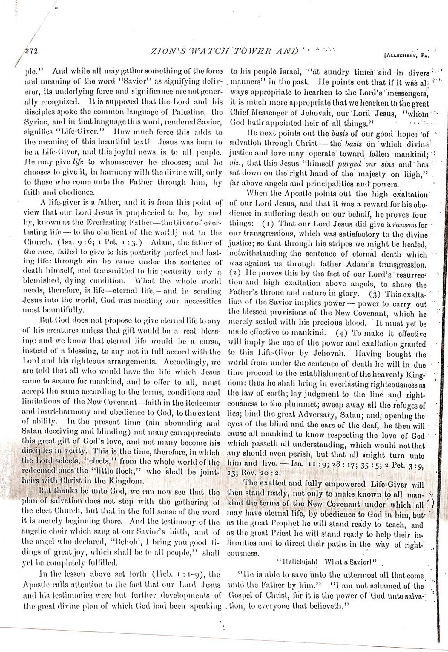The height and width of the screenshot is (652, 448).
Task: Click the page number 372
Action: click(31, 52)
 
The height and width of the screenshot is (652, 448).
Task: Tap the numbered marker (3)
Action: click(375, 294)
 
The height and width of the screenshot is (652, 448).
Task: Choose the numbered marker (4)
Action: click(342, 333)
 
